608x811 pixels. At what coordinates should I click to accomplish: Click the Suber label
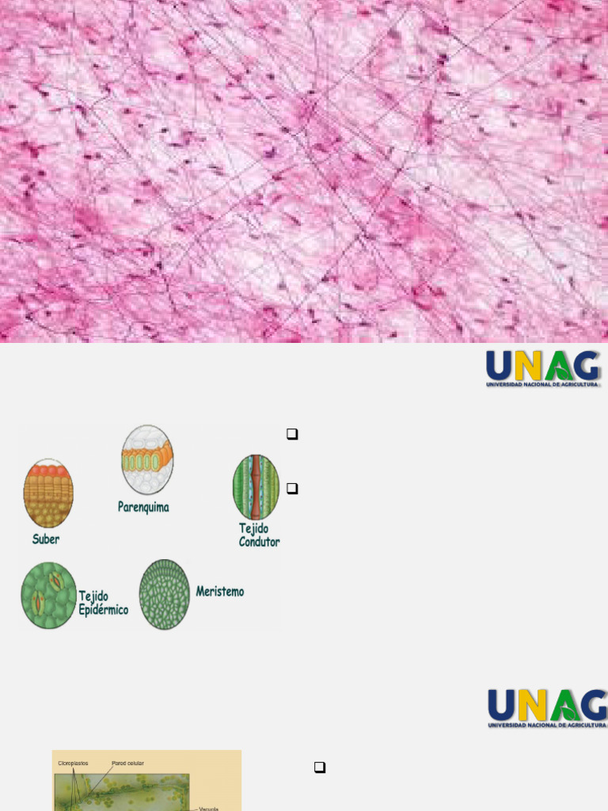point(46,539)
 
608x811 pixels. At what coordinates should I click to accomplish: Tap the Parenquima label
point(143,507)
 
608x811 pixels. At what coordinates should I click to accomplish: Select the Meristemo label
point(220,592)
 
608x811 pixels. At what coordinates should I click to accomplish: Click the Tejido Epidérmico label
point(103,603)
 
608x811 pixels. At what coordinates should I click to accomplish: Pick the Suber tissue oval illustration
point(48,493)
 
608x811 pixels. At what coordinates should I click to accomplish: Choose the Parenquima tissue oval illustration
point(147,460)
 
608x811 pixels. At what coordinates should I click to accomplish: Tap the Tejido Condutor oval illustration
point(256,486)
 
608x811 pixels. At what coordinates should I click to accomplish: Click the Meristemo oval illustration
point(165,595)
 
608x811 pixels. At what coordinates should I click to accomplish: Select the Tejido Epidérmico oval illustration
point(48,595)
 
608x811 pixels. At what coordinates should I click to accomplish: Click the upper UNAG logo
point(543,368)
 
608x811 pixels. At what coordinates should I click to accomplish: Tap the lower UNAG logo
point(547,708)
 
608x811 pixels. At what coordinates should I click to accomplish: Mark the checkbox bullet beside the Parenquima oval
point(292,434)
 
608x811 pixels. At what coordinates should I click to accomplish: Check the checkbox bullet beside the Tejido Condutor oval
point(292,489)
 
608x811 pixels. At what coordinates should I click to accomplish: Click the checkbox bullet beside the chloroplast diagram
point(320,767)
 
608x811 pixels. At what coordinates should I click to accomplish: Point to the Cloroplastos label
point(73,763)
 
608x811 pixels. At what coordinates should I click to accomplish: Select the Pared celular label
point(127,763)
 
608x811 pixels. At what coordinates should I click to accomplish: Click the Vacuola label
point(208,808)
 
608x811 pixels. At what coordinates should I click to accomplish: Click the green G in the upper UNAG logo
point(585,366)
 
